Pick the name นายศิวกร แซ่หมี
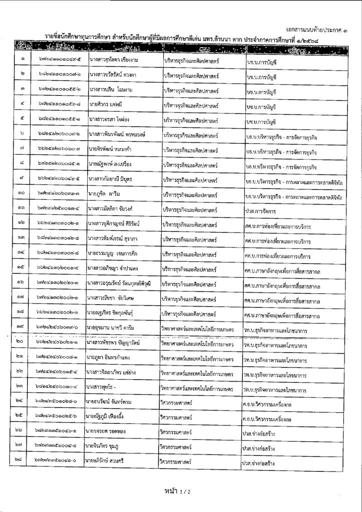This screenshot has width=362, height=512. click(x=107, y=106)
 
